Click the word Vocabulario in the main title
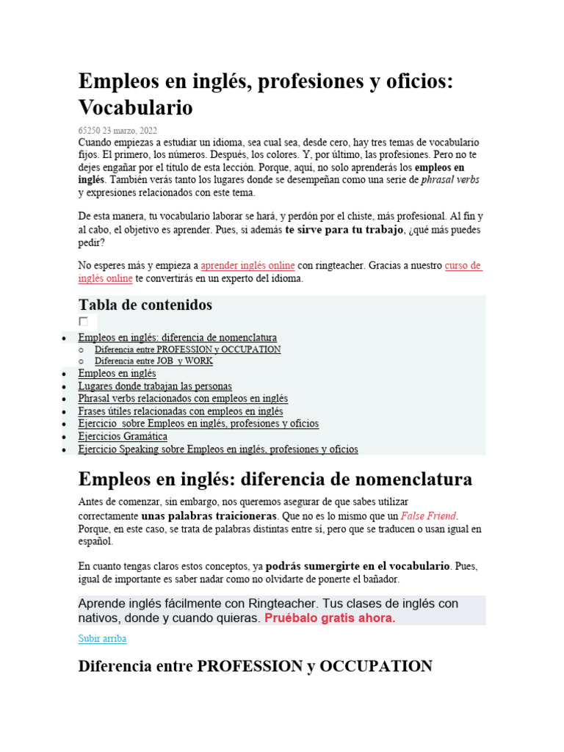click(136, 108)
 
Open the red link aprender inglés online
click(247, 265)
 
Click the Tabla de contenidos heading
click(145, 305)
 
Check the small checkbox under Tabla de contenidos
click(84, 322)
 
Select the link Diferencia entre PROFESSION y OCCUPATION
click(187, 350)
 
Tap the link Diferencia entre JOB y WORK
click(153, 361)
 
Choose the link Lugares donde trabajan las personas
click(155, 386)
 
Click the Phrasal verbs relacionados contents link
click(183, 398)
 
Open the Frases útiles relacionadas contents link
click(181, 411)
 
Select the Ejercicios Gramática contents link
click(123, 436)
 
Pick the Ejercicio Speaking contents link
click(218, 449)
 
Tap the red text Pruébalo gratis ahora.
click(330, 618)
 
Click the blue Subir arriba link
click(102, 639)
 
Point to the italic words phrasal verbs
click(450, 179)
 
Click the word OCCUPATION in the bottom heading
click(375, 667)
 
